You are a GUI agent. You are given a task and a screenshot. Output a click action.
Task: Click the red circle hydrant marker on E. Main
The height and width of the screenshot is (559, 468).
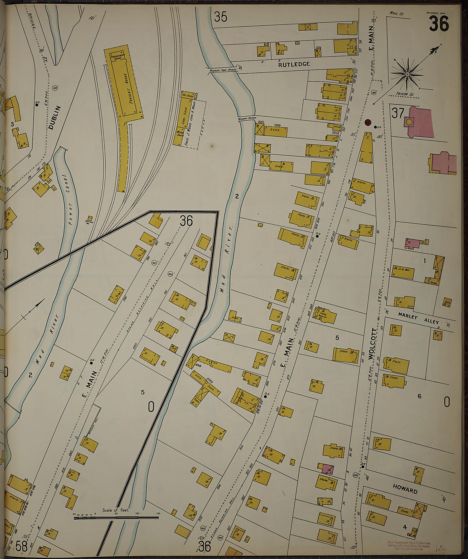tap(368, 122)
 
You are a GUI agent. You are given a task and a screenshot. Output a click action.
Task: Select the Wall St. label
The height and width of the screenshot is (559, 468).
tap(397, 13)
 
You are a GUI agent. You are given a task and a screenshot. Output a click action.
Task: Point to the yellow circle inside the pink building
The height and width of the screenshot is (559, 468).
tap(409, 121)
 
